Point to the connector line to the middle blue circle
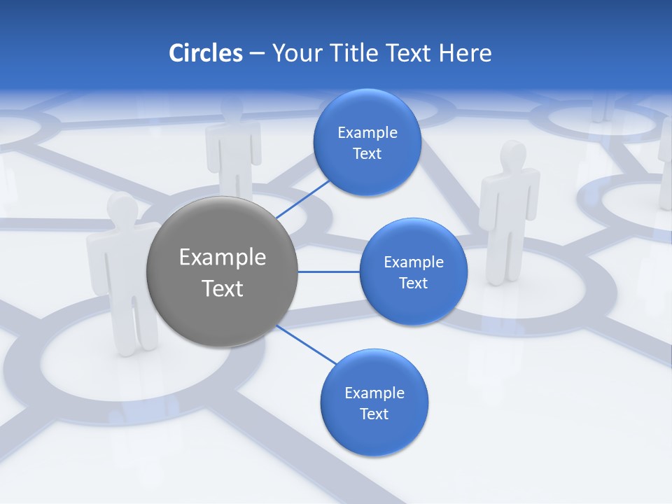pos(328,272)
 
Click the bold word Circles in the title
pos(205,53)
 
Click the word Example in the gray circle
pos(223,258)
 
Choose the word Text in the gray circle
pos(223,288)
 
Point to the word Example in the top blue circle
pos(367,133)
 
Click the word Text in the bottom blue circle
pos(374,414)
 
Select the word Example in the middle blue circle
pos(413,262)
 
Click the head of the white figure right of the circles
pos(513,155)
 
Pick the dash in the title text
pos(256,54)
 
